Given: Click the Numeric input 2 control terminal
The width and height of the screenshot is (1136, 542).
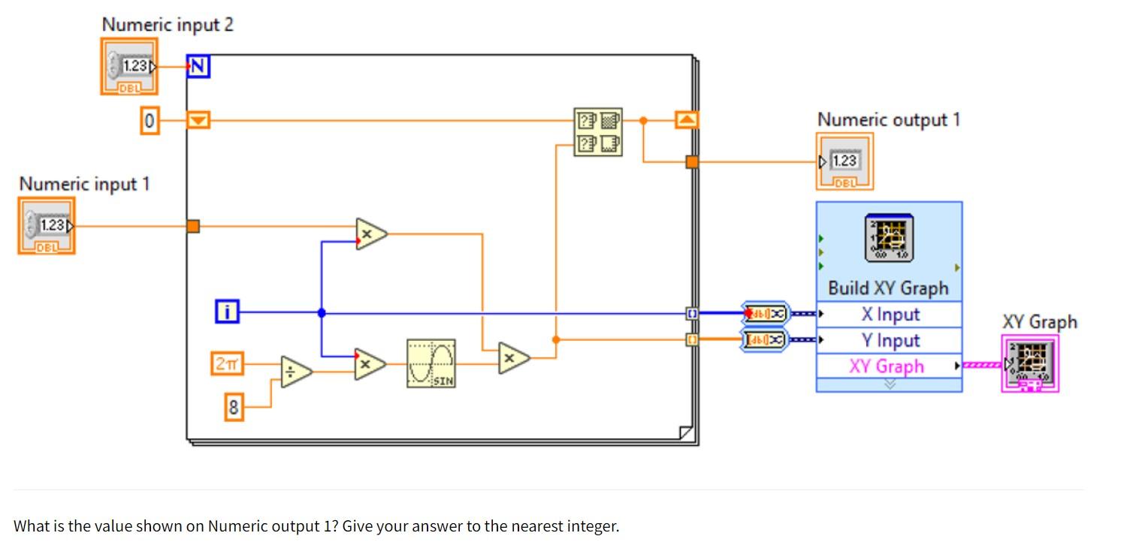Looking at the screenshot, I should [x=129, y=67].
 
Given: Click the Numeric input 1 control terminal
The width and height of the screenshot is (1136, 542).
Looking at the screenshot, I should [x=47, y=226].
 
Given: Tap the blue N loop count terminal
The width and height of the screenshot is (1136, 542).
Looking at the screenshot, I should [x=198, y=67].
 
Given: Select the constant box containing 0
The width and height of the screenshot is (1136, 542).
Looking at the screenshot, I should [x=150, y=121].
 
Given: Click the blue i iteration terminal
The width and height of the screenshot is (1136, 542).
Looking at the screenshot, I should [x=227, y=312].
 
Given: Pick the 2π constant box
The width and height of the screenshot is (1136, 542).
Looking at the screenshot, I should [x=227, y=364].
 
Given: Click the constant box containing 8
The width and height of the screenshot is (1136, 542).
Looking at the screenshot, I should [x=234, y=408].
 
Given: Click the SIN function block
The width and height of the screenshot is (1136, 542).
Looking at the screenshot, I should [x=431, y=363].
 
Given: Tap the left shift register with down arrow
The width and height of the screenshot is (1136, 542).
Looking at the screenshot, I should [x=198, y=120].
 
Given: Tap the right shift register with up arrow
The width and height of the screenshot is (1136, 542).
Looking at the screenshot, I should [x=686, y=119].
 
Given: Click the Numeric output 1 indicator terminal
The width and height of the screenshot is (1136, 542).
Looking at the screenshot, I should [x=844, y=161].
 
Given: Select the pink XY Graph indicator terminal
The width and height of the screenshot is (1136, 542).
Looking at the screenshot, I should [x=1030, y=363].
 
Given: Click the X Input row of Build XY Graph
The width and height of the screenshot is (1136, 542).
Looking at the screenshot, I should [x=890, y=315].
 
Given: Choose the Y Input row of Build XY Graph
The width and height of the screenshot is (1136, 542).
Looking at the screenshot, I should [x=890, y=340].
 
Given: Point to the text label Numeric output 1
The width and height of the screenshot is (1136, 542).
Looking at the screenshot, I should [x=888, y=120].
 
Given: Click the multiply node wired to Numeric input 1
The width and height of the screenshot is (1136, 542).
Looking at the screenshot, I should [x=370, y=234].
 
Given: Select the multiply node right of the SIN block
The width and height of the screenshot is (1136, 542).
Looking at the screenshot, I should [x=513, y=359].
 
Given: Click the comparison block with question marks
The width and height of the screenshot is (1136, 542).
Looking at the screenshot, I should [x=598, y=132].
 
